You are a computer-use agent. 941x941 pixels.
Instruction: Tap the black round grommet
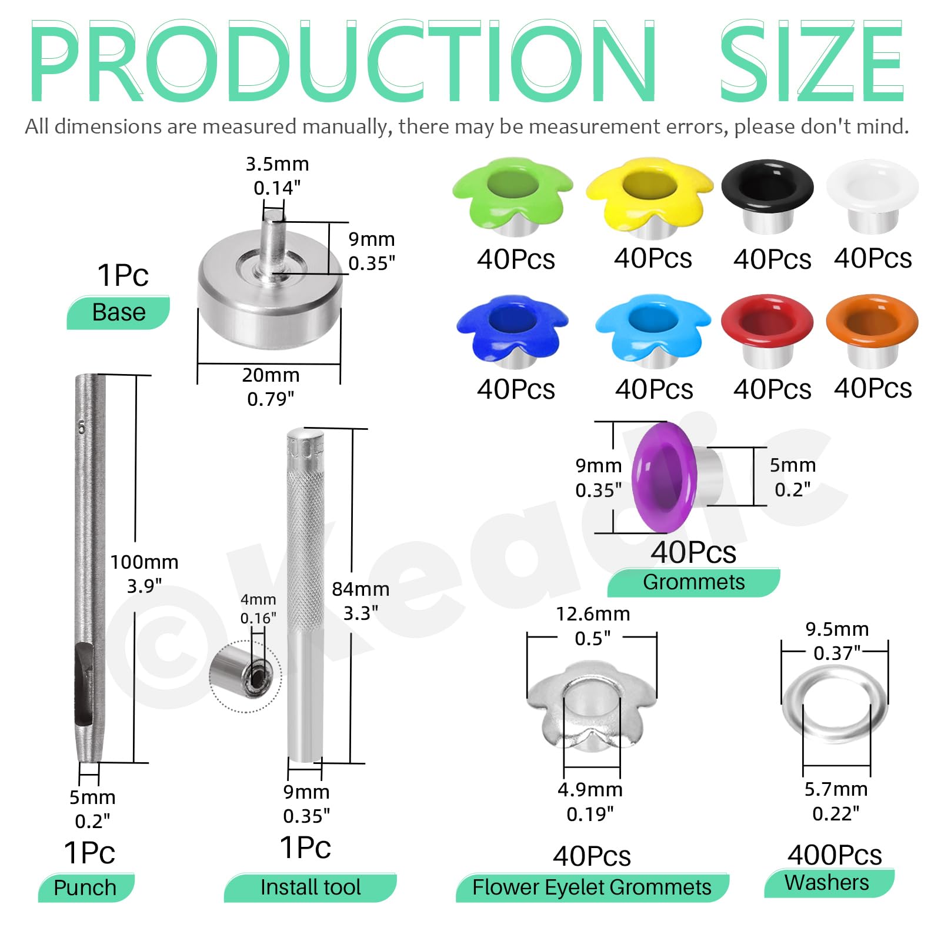pos(768,195)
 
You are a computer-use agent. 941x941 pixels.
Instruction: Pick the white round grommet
pos(873,195)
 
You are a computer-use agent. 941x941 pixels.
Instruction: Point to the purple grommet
pos(676,477)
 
